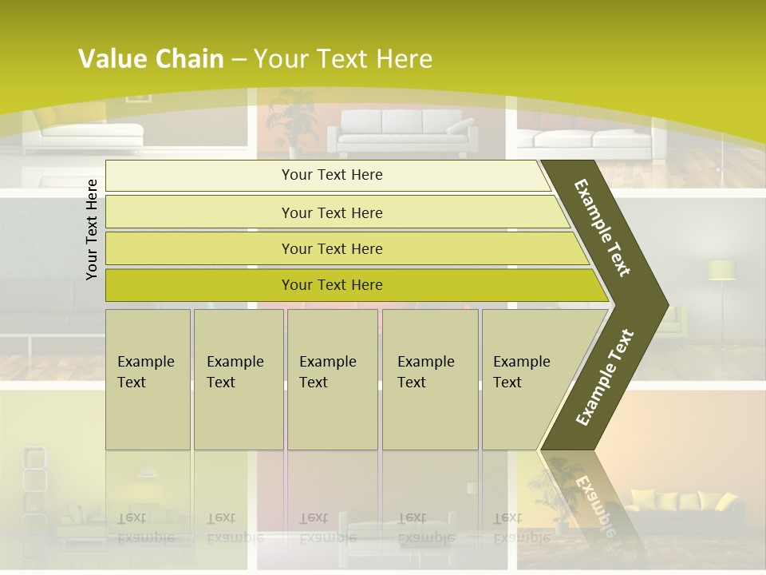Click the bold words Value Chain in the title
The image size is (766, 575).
pyautogui.click(x=151, y=59)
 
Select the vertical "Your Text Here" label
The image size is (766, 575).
pyautogui.click(x=92, y=229)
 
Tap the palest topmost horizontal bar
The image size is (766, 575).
pyautogui.click(x=331, y=175)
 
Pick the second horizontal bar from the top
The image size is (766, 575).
pyautogui.click(x=331, y=212)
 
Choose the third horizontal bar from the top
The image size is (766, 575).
pyautogui.click(x=331, y=248)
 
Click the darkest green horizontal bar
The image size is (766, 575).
pyautogui.click(x=331, y=285)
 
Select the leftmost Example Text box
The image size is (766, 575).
pyautogui.click(x=148, y=379)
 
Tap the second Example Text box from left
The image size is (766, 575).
pyautogui.click(x=238, y=379)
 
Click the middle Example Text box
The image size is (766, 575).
pyautogui.click(x=332, y=379)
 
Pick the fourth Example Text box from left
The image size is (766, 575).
pyautogui.click(x=429, y=379)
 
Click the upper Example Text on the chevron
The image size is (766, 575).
pyautogui.click(x=603, y=228)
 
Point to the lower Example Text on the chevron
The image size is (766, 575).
pyautogui.click(x=604, y=378)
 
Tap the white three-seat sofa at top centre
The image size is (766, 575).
pyautogui.click(x=402, y=131)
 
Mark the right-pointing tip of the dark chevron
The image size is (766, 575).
pyautogui.click(x=666, y=304)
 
